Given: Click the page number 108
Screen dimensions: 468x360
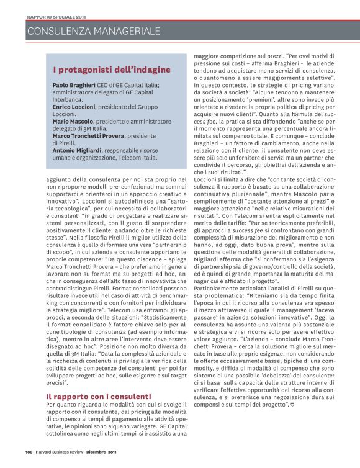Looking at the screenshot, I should (29, 451).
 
